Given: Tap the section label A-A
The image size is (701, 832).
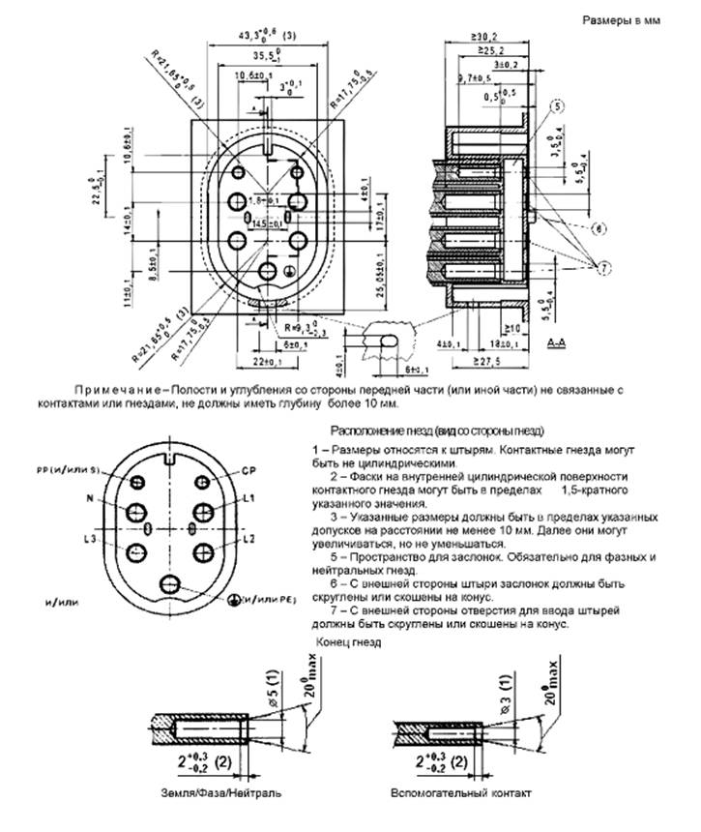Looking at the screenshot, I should [557, 345].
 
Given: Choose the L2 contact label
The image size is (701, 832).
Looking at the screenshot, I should [248, 537].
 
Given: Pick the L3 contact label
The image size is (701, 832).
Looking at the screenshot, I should [91, 537].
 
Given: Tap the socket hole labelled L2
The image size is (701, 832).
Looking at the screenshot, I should [204, 550].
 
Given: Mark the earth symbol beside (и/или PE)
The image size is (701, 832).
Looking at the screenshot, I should [233, 600].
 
